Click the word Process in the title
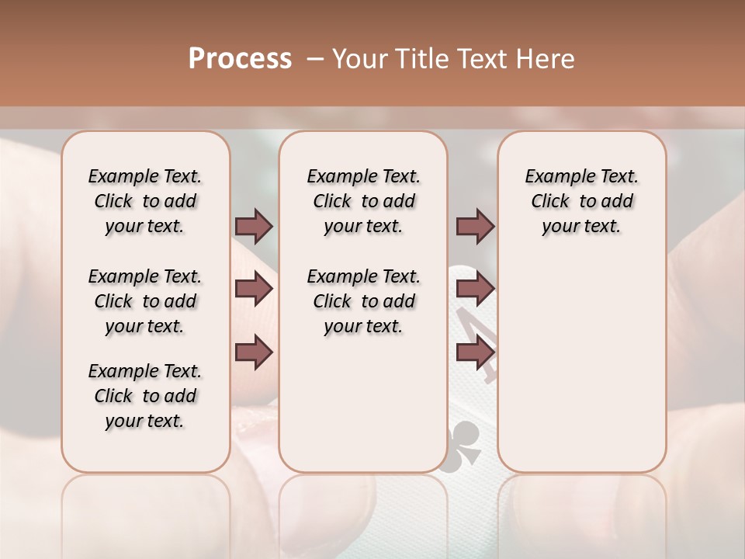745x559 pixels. tap(240, 59)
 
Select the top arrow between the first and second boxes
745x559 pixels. tap(254, 226)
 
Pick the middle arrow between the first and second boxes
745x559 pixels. tap(254, 290)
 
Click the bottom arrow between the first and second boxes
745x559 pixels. tap(254, 352)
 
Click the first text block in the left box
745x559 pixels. tap(145, 201)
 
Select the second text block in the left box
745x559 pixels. tap(145, 301)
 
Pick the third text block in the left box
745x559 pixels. tap(145, 396)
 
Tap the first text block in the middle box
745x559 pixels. tap(363, 201)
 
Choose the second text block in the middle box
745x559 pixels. tap(363, 301)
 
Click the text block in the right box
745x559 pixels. tap(581, 201)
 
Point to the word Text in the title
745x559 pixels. tap(478, 59)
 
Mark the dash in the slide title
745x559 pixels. tap(315, 59)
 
